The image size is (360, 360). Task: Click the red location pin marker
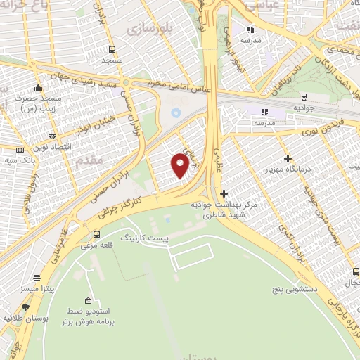click(x=180, y=166)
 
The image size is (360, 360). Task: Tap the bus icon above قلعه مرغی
click(x=96, y=235)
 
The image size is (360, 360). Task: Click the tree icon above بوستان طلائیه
click(x=26, y=307)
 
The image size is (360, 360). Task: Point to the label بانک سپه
click(x=20, y=160)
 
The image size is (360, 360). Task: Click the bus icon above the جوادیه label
click(x=303, y=97)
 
